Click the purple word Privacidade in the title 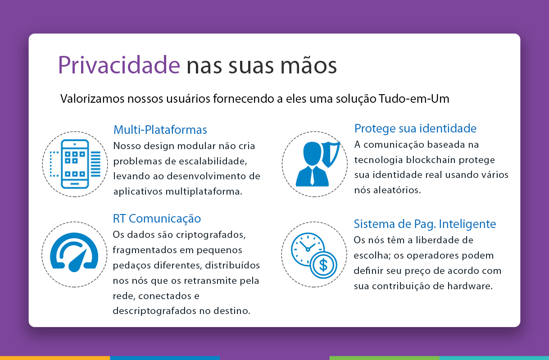point(119,65)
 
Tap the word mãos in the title point(309,65)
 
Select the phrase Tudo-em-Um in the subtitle point(414,99)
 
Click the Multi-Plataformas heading point(160,130)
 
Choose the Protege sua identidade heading point(415,129)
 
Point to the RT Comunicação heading point(157,219)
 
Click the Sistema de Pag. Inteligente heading point(425,224)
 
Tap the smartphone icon point(75,164)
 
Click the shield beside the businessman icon point(331,154)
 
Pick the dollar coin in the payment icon point(323,265)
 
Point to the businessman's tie point(312,176)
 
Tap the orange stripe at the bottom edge point(55,358)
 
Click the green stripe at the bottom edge point(384,358)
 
